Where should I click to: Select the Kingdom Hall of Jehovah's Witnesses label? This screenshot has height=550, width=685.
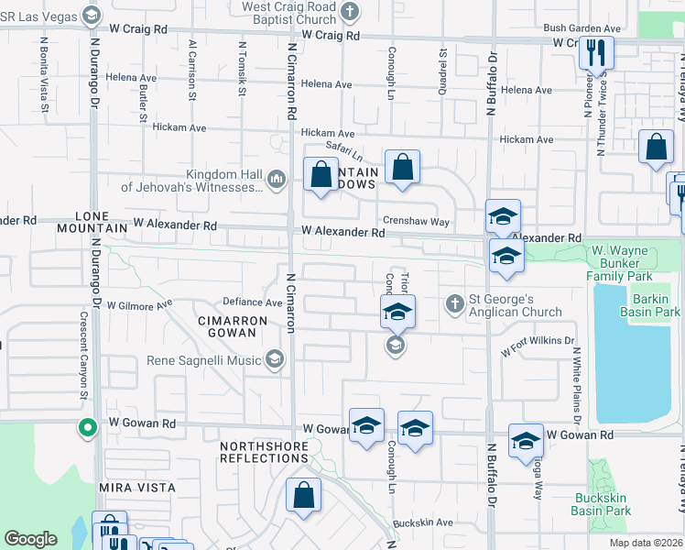point(192,181)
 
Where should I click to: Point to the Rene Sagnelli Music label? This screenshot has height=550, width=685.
point(204,359)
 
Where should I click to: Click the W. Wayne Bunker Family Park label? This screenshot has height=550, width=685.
point(634,263)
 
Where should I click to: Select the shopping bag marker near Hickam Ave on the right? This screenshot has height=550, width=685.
point(656,148)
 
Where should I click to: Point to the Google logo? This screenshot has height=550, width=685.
point(30,540)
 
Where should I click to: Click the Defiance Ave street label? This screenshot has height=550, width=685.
point(253,302)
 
